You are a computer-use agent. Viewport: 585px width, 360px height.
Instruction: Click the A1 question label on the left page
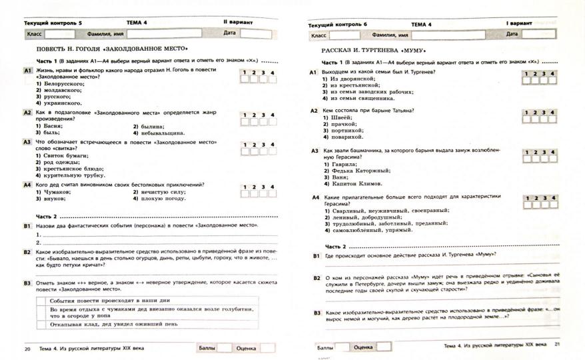click(28, 70)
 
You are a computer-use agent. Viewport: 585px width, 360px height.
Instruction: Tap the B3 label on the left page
click(28, 283)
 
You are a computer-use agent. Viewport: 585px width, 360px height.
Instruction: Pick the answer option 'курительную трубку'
click(69, 175)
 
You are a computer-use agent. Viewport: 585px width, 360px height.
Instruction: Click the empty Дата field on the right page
click(537, 34)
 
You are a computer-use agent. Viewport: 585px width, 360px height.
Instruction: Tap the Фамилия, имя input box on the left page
click(173, 33)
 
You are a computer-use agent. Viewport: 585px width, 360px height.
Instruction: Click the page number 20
click(27, 349)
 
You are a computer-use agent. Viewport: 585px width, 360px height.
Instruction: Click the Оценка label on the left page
click(247, 348)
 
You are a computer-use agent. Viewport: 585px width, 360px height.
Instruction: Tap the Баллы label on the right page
click(325, 347)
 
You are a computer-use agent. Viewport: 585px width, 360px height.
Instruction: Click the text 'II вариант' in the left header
click(238, 22)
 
